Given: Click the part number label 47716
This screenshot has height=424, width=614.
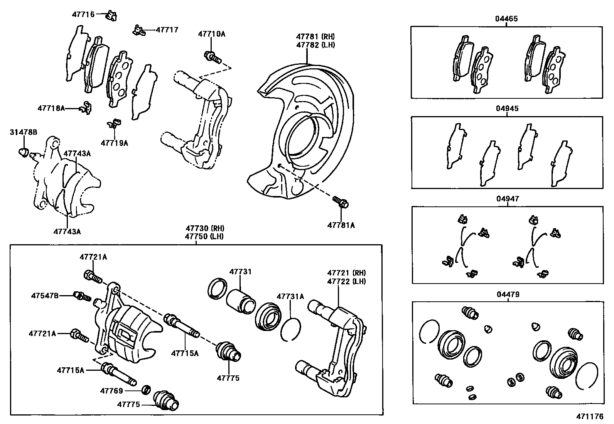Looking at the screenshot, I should (83, 15).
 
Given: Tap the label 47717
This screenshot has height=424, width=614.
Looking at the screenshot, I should (167, 30).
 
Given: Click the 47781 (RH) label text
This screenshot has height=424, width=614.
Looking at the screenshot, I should (315, 37).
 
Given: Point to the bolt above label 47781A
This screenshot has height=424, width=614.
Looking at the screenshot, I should (341, 202).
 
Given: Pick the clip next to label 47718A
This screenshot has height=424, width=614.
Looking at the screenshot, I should (86, 108).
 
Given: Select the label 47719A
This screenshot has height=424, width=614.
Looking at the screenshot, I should (114, 143).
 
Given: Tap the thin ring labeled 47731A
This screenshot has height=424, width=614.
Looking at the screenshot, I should (290, 329).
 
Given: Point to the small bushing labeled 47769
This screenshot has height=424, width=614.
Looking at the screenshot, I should (146, 390).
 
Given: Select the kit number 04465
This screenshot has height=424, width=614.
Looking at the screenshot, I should (506, 19).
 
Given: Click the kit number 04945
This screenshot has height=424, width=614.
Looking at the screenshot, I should (507, 108).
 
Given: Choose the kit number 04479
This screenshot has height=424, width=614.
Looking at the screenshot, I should (508, 294).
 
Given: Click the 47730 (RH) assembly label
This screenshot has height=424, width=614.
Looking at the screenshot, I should (204, 228).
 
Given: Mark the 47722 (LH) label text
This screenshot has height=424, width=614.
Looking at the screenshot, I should (346, 282).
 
